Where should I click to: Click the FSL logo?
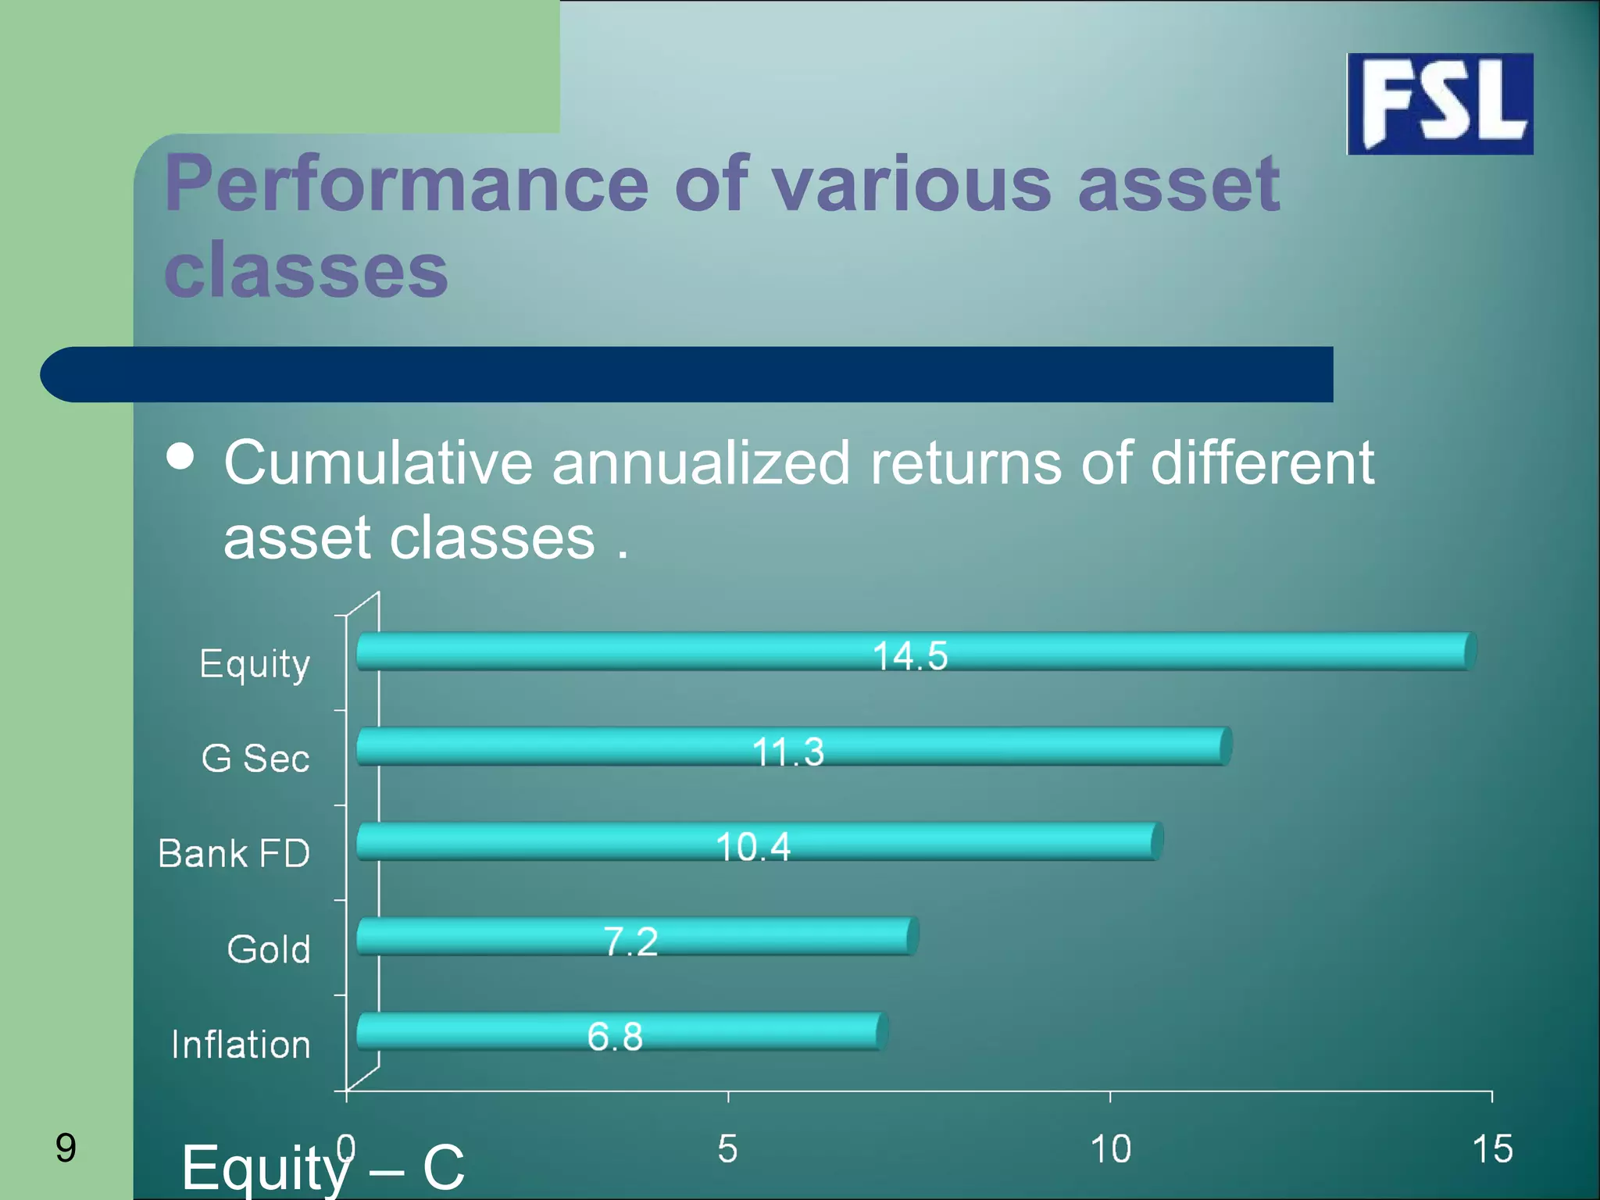(1440, 104)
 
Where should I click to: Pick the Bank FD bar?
(547, 841)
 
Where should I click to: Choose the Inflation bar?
(469, 1031)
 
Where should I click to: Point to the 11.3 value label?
(787, 752)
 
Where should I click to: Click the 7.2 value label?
(630, 941)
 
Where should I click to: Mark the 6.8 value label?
(615, 1037)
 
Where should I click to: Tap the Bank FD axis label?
(234, 853)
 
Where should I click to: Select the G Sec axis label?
(255, 759)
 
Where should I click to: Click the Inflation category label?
(241, 1045)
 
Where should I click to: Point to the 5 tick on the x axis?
(727, 1149)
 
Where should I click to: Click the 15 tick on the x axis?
(1491, 1149)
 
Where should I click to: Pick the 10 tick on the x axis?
(1110, 1149)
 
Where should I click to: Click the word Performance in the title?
(406, 184)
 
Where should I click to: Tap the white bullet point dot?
(180, 456)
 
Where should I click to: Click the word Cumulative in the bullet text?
(378, 462)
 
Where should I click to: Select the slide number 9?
(66, 1148)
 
